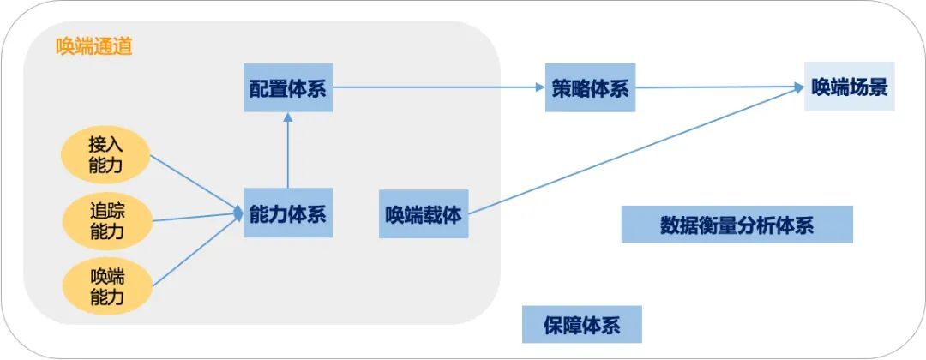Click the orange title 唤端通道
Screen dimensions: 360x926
coord(94,47)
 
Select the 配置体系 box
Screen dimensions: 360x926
coord(287,87)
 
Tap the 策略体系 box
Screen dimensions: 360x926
coord(590,87)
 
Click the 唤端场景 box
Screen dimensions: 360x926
coord(849,87)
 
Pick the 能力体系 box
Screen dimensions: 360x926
coord(287,213)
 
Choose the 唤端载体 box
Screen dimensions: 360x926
coord(424,213)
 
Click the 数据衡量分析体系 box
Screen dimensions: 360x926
coord(737,225)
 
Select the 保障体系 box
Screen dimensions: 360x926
coord(581,326)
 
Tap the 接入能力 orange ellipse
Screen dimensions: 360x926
coord(106,154)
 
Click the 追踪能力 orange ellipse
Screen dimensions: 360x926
coord(106,221)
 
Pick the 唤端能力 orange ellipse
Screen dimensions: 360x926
coord(106,287)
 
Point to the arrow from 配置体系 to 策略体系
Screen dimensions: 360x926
coord(437,87)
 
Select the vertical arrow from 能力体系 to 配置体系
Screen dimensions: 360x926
coord(287,154)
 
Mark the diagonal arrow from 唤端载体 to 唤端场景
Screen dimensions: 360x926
coord(634,149)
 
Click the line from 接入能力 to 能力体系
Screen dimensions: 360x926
coord(195,183)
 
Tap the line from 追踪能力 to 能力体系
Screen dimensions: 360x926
coord(195,217)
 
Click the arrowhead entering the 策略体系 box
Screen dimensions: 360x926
coord(539,87)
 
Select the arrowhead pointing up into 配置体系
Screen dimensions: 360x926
coord(287,117)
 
